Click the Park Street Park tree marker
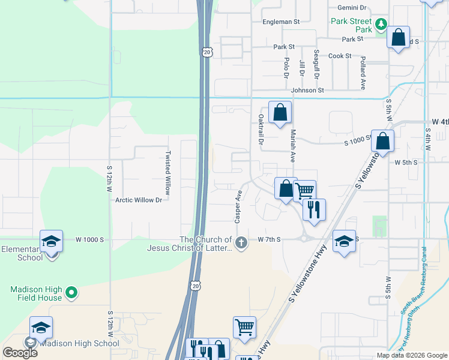click(380, 25)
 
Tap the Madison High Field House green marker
click(71, 293)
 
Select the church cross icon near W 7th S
click(241, 243)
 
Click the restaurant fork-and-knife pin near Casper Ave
click(314, 209)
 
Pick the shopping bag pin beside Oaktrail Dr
click(280, 112)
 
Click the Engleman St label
click(281, 22)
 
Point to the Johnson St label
click(307, 91)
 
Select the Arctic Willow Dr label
click(139, 200)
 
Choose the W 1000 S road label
click(90, 239)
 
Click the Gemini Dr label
click(352, 8)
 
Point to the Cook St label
click(340, 56)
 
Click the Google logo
click(20, 352)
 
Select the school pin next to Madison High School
click(41, 328)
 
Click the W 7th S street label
click(270, 239)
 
